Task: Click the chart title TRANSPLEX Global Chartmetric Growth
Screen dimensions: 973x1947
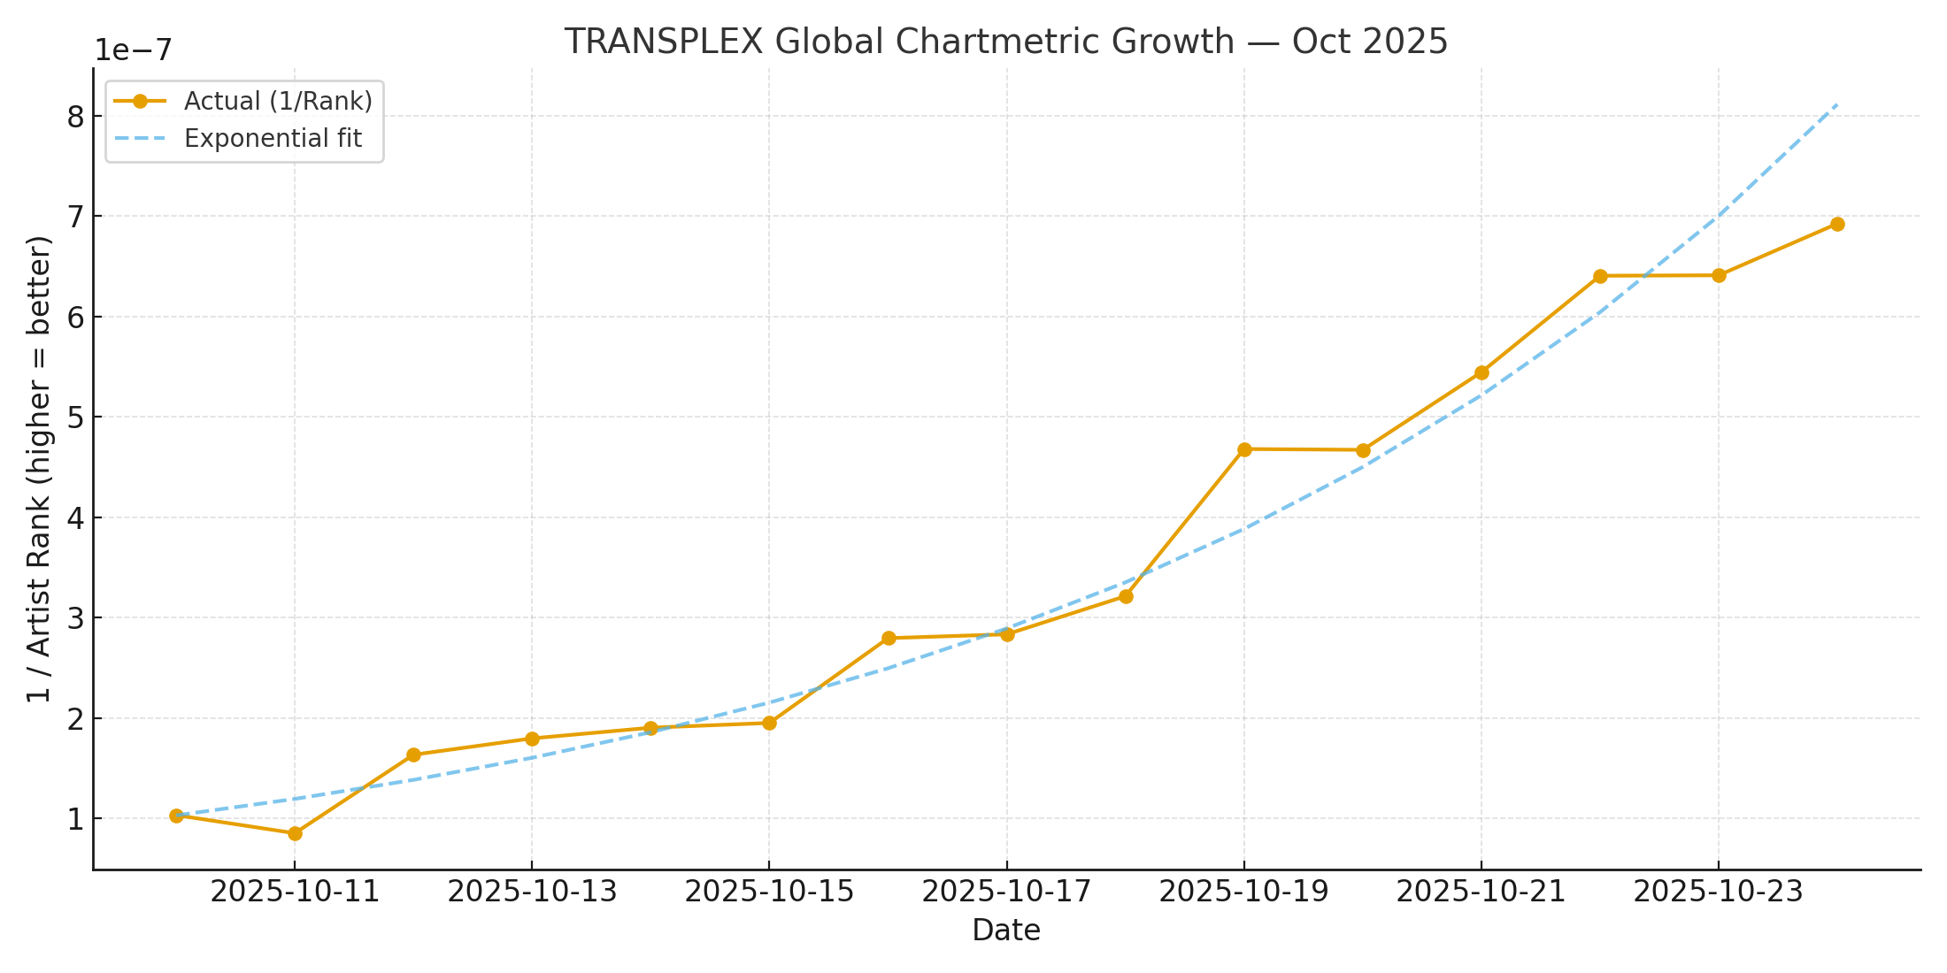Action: click(x=1005, y=42)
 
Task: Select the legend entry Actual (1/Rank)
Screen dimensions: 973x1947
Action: click(x=278, y=101)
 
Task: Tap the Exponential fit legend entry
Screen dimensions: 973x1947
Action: click(x=273, y=139)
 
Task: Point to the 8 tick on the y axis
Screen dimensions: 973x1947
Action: click(x=76, y=117)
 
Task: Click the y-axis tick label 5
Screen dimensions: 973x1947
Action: click(x=76, y=418)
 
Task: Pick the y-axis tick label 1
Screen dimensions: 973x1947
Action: click(x=76, y=819)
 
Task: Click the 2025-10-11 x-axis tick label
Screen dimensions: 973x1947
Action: click(x=295, y=892)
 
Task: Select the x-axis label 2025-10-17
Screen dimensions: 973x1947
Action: click(x=1006, y=892)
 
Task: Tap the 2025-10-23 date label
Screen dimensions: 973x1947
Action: click(x=1718, y=892)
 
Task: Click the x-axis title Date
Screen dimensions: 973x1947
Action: click(x=1005, y=931)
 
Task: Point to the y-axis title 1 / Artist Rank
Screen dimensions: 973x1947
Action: click(x=39, y=469)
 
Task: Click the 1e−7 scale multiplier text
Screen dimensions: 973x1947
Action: click(x=134, y=50)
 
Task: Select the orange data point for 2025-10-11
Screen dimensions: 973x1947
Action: click(x=295, y=833)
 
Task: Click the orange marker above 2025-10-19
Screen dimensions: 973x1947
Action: click(x=1244, y=449)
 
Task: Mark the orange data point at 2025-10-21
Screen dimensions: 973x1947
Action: click(x=1481, y=372)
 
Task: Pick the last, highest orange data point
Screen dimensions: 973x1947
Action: click(x=1837, y=224)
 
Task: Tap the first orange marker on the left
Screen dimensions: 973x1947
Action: click(x=176, y=816)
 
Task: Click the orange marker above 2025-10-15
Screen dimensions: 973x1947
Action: click(x=769, y=723)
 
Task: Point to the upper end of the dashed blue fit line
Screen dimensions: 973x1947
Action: click(x=1837, y=104)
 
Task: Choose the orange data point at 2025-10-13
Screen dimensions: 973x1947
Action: click(x=532, y=739)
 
